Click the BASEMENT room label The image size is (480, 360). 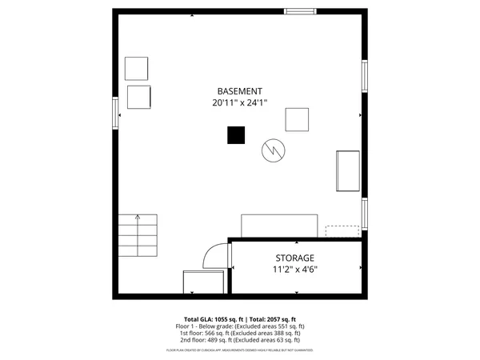(x=240, y=91)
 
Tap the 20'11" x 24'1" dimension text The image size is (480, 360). (x=240, y=102)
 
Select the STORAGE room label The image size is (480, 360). (x=295, y=258)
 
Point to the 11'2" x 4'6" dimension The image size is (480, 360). (x=295, y=270)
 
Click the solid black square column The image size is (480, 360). (x=236, y=135)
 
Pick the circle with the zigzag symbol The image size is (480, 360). (x=273, y=150)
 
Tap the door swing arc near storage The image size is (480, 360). (x=214, y=254)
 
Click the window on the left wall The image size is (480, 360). (x=116, y=111)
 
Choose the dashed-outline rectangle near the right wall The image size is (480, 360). (x=342, y=231)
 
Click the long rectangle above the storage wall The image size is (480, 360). (x=280, y=225)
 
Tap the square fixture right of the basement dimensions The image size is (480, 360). (x=298, y=119)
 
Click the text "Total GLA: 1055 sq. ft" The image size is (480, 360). (x=213, y=319)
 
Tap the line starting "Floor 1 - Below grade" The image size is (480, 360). (x=240, y=326)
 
